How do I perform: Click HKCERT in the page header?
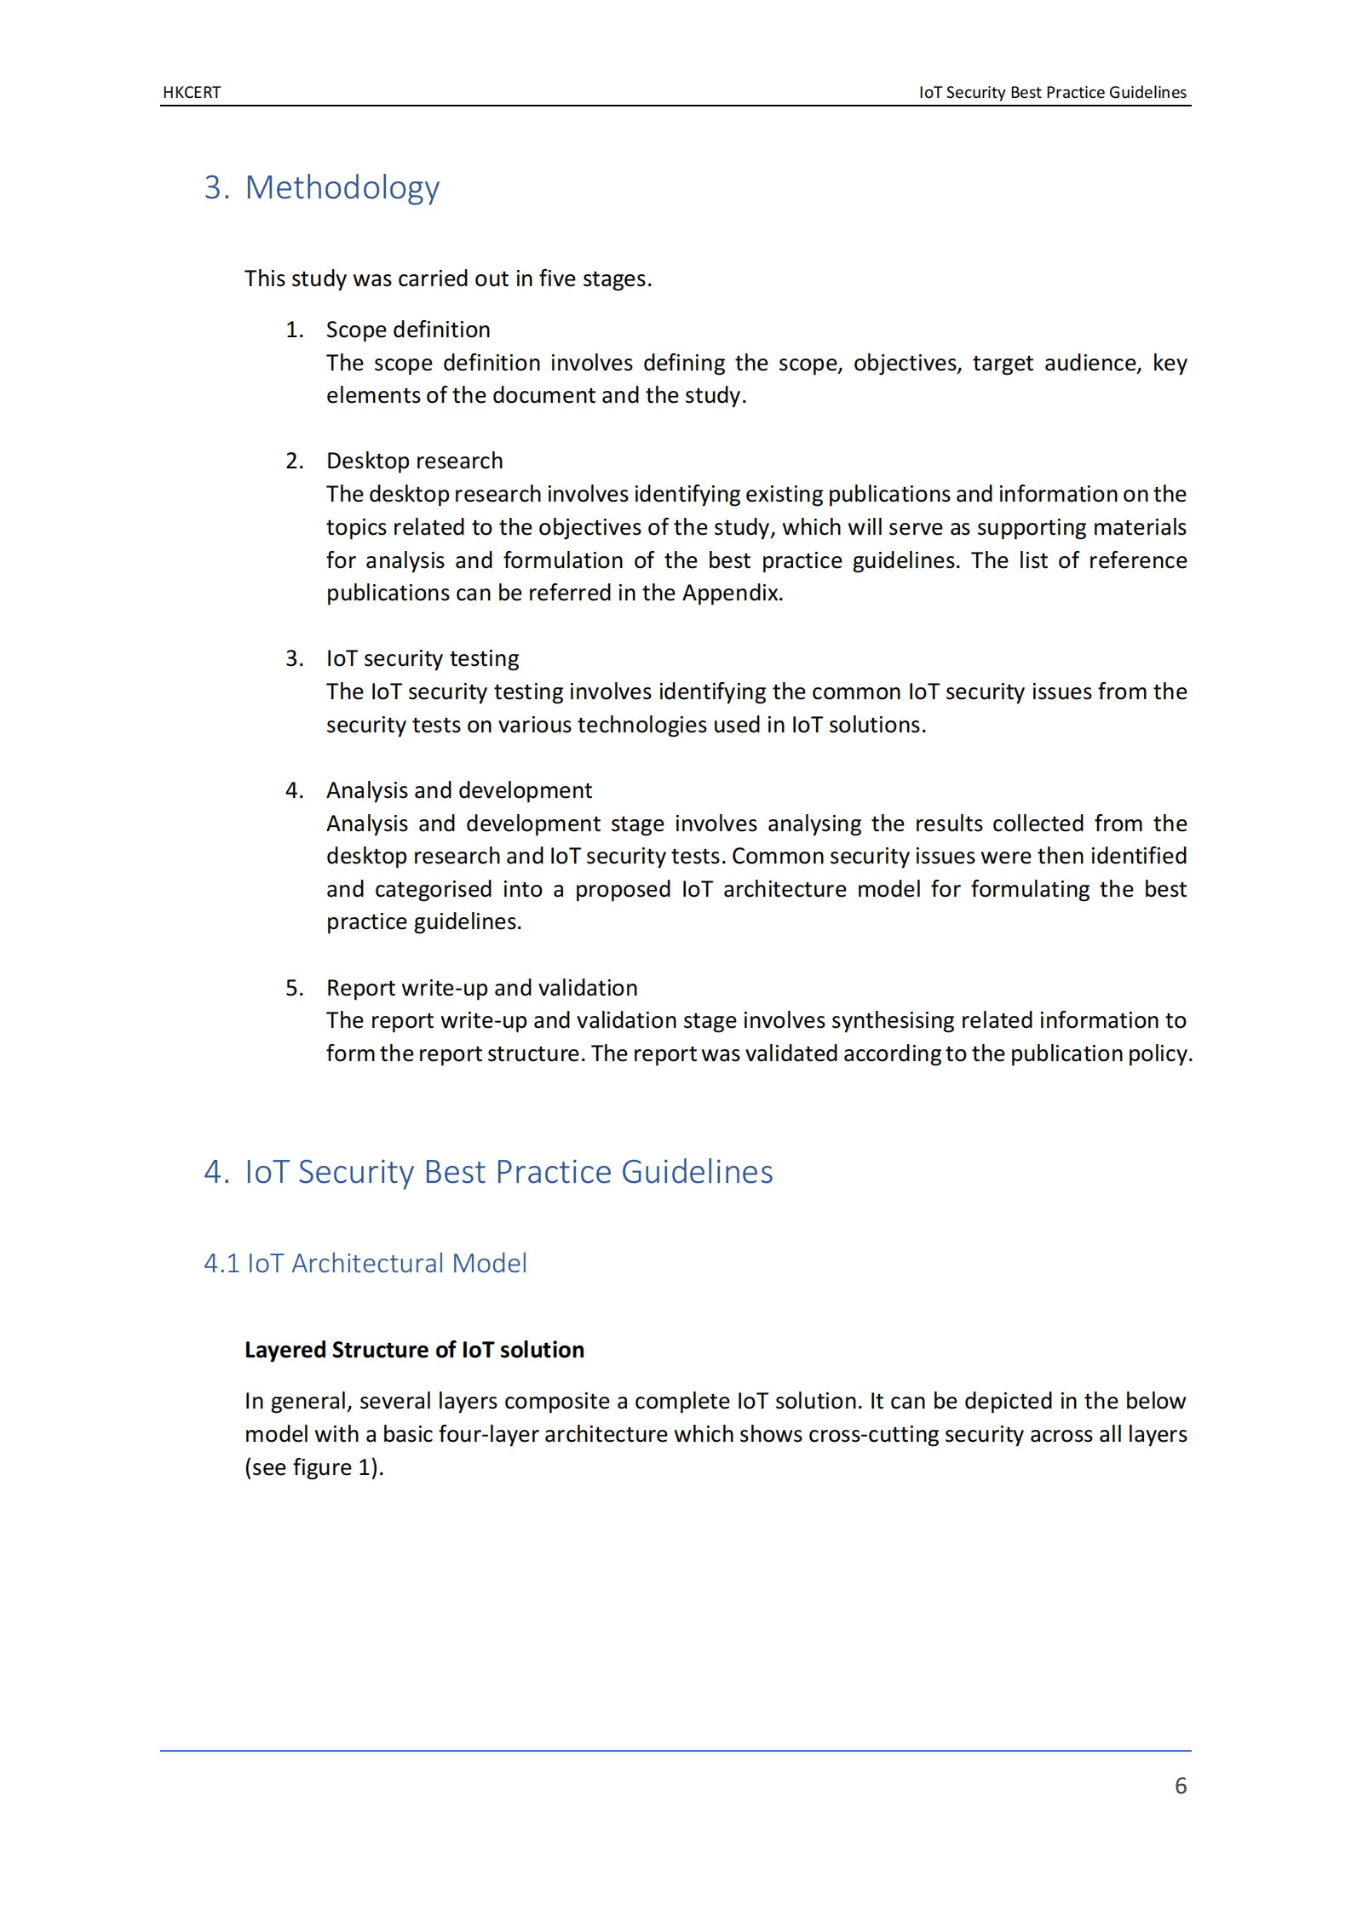coord(192,92)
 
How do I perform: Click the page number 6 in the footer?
coord(1180,1785)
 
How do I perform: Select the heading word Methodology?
coord(342,187)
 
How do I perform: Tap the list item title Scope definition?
coord(408,330)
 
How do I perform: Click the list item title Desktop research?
coord(414,461)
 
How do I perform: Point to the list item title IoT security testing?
coord(422,658)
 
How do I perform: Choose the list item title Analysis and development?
coord(458,790)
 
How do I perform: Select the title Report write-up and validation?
coord(481,988)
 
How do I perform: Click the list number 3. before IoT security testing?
coord(294,658)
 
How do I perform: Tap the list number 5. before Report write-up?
coord(294,988)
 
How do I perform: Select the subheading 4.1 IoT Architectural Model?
coord(365,1263)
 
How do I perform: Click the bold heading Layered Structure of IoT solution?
coord(414,1350)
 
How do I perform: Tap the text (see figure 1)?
coord(313,1467)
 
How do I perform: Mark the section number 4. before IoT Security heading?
coord(216,1172)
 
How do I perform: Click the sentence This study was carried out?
coord(447,278)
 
